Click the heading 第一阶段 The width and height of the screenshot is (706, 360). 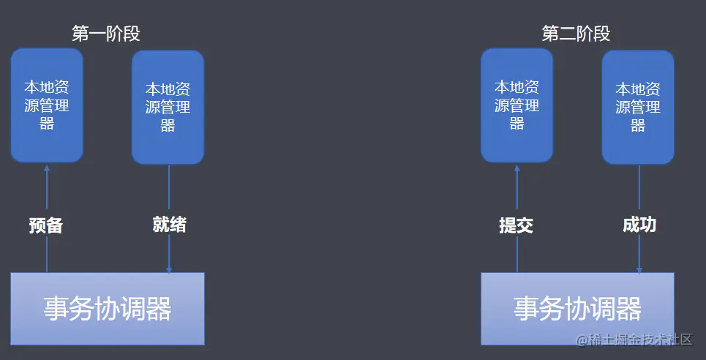click(x=105, y=34)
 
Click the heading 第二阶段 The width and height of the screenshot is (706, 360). click(x=576, y=34)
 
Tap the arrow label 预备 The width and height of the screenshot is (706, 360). click(x=46, y=225)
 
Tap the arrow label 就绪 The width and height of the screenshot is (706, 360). click(x=169, y=225)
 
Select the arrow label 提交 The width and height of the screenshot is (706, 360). click(x=517, y=225)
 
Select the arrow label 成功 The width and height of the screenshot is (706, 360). click(x=639, y=225)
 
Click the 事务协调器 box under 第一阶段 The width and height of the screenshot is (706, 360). click(x=107, y=308)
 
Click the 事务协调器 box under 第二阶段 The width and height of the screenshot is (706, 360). click(x=577, y=308)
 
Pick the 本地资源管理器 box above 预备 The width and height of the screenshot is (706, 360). click(x=47, y=105)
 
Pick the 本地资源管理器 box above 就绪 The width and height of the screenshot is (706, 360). click(x=168, y=107)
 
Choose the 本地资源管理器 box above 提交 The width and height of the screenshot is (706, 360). click(x=517, y=105)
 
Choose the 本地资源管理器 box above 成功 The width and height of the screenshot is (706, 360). click(x=638, y=107)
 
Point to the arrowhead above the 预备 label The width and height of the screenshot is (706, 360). click(x=47, y=167)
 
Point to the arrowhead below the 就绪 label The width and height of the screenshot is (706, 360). click(x=169, y=269)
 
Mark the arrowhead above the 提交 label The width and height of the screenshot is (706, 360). click(x=517, y=167)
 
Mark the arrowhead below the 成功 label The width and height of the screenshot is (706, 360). click(x=639, y=269)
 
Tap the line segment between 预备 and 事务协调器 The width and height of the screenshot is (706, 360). click(x=47, y=255)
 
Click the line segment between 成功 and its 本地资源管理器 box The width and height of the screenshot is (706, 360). click(x=639, y=189)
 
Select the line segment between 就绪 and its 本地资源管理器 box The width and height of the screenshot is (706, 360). click(x=169, y=189)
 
